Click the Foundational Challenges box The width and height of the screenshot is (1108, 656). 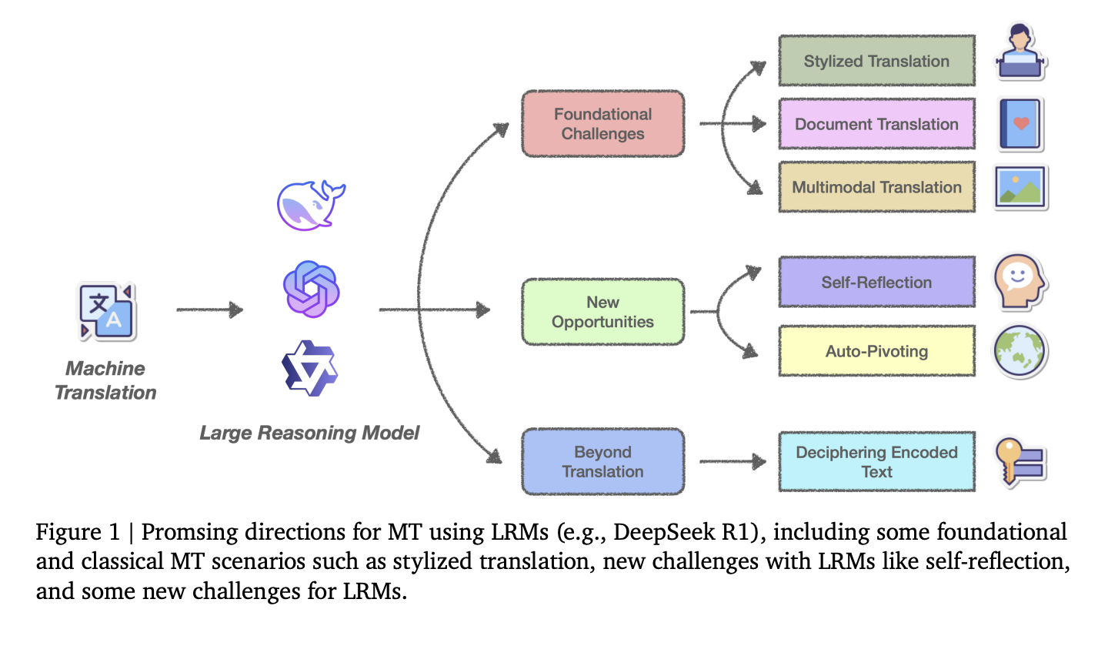602,124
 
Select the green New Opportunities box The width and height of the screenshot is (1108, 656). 602,312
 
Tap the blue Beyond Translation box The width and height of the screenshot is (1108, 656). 602,461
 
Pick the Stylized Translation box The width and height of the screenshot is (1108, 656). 876,61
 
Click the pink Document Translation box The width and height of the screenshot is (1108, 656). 876,124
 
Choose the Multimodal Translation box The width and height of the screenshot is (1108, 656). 876,187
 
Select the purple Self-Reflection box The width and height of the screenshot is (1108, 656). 876,282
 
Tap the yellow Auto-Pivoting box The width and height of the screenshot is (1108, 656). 876,351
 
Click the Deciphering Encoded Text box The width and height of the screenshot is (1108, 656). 876,461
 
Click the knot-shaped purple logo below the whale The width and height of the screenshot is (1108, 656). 311,290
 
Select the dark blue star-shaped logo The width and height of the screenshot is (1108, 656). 309,368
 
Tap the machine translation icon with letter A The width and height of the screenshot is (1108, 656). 107,312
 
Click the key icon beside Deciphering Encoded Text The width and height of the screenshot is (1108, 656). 1020,461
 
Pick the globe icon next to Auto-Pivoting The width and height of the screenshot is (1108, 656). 1020,352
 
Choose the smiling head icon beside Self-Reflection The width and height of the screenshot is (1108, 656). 1020,282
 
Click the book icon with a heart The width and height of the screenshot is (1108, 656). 1020,124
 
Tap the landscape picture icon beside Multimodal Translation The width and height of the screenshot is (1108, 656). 1020,187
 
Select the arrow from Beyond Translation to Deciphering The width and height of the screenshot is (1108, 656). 732,461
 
